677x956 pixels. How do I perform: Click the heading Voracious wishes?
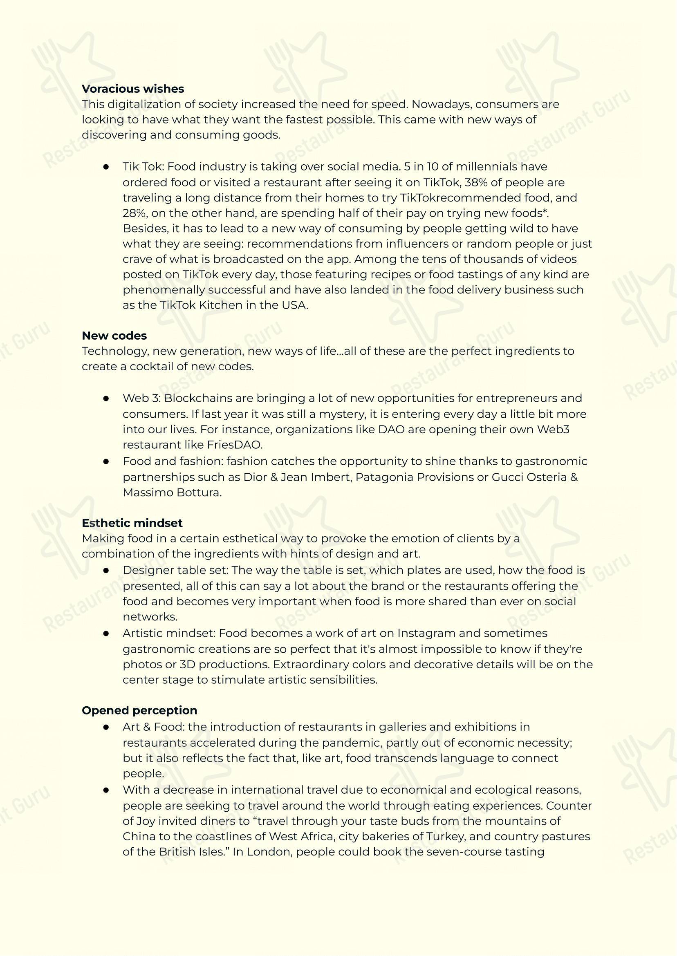coord(132,89)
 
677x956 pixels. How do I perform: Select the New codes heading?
coord(114,336)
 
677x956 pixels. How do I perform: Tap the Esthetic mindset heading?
coord(132,523)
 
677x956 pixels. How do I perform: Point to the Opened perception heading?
coord(139,710)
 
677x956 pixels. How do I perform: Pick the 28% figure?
coord(133,213)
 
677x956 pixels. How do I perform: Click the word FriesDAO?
coord(234,445)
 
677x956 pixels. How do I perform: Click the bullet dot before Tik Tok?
coord(106,167)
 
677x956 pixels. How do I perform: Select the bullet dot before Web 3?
coord(106,399)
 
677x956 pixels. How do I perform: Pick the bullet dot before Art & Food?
coord(106,727)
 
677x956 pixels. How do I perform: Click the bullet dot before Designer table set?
coord(106,571)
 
